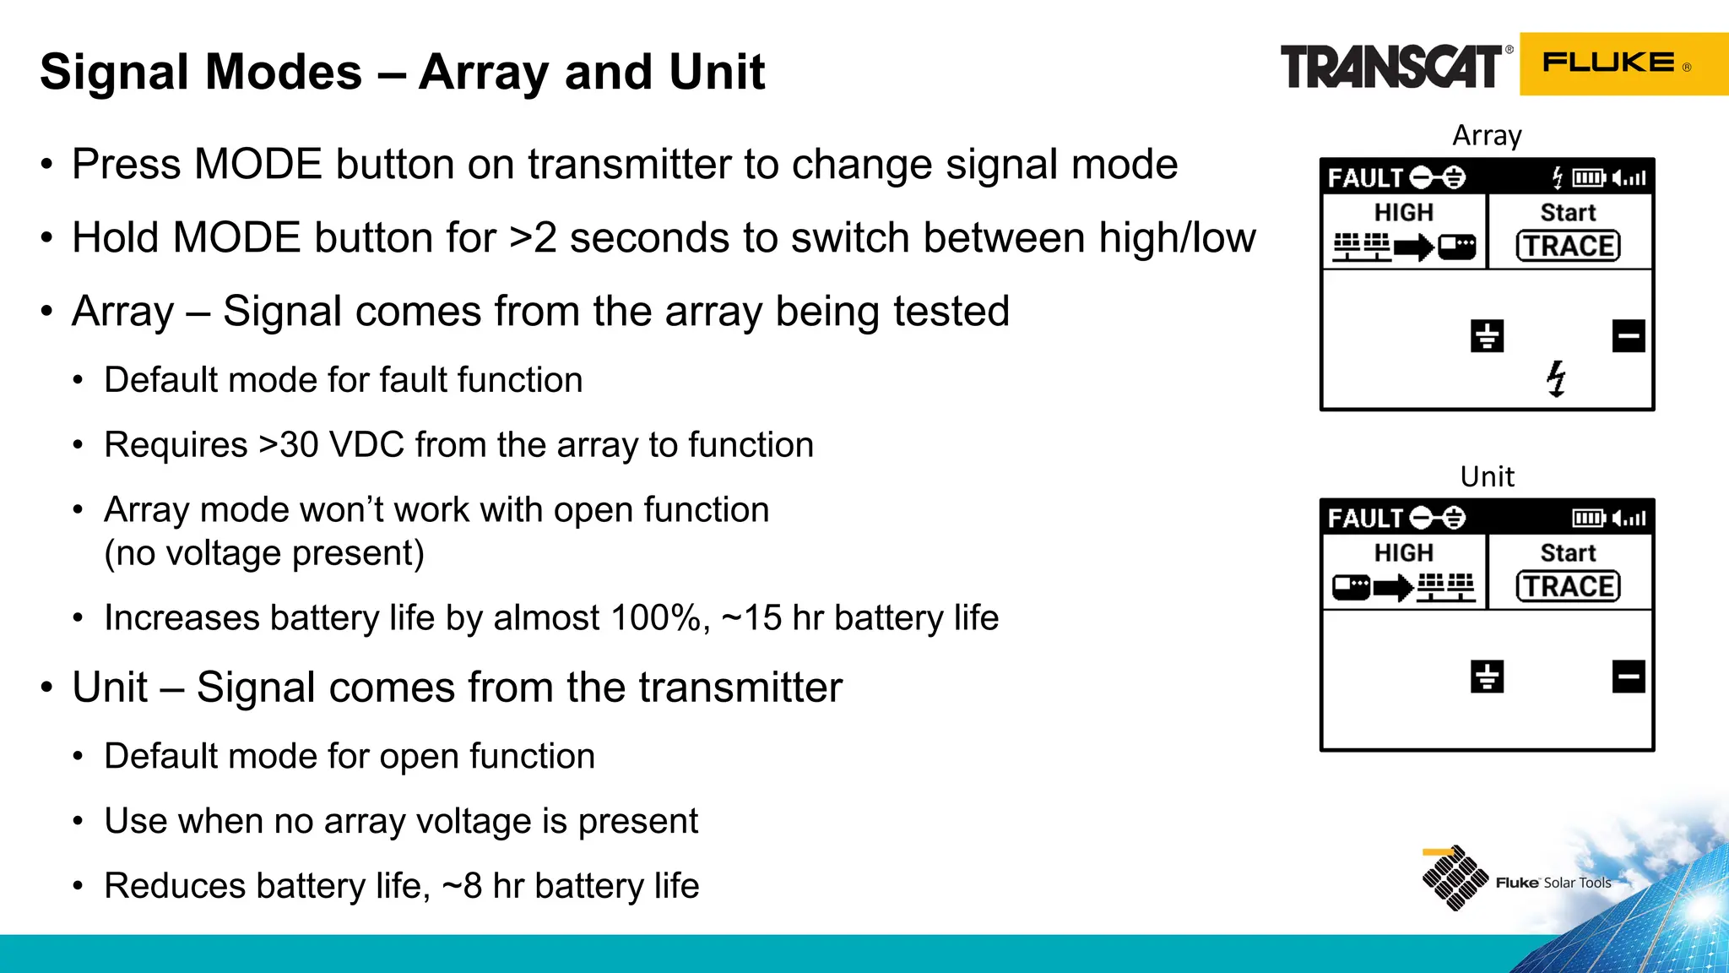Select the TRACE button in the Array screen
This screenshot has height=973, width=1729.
(1568, 246)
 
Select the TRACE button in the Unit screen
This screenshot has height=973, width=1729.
(1568, 586)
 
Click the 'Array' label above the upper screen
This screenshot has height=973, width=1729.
(1487, 135)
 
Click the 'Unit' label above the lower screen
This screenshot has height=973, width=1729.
(1487, 476)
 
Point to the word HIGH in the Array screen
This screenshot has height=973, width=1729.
(1403, 212)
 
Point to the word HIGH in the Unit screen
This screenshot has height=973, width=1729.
(1403, 552)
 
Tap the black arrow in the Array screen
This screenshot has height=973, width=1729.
(1414, 247)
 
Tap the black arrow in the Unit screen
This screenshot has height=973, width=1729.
(1393, 587)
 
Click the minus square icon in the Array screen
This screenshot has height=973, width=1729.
(1628, 336)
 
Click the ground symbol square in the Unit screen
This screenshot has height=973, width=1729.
(1487, 677)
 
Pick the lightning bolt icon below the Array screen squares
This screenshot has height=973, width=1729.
(1556, 378)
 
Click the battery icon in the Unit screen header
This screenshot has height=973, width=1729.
(1588, 518)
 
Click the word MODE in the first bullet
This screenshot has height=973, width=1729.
(257, 164)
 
